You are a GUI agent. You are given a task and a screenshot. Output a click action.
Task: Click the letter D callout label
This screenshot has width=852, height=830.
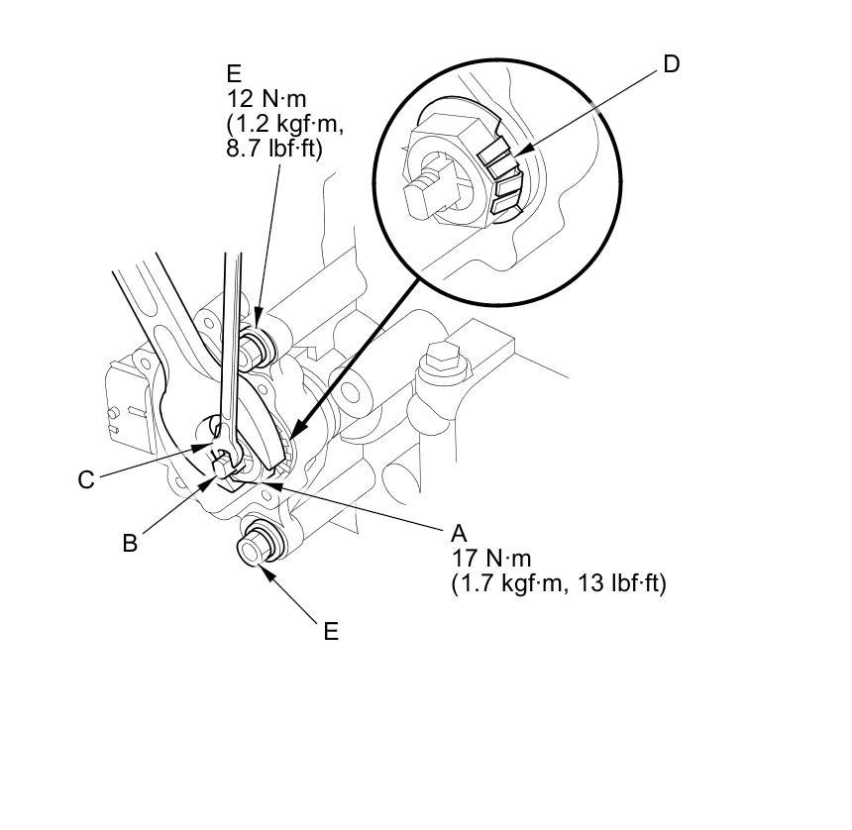tap(671, 64)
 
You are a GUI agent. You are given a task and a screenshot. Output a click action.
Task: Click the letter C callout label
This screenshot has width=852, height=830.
tap(86, 480)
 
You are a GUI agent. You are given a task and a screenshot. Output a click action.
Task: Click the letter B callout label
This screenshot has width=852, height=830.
tap(129, 542)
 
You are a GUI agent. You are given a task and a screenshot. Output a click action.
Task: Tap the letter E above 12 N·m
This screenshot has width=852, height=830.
tap(234, 74)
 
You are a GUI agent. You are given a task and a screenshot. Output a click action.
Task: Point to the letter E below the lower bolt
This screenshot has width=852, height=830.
tap(331, 631)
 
